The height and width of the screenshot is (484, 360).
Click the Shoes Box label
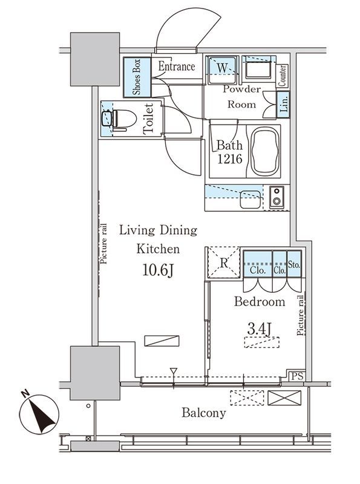[137, 77]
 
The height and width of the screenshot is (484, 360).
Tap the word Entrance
[177, 67]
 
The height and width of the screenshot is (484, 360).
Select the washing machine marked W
[222, 70]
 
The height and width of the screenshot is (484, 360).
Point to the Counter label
[282, 76]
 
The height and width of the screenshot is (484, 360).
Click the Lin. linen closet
[283, 104]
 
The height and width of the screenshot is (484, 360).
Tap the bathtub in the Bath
[265, 152]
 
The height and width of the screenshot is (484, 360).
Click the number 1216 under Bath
[230, 159]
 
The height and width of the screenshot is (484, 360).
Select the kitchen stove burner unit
[277, 197]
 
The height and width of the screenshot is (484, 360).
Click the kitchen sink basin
[250, 200]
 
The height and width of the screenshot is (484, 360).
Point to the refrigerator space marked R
[223, 263]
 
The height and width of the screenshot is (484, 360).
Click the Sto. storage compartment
[294, 264]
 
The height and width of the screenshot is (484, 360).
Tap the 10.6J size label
[158, 270]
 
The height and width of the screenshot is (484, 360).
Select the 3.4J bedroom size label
[260, 329]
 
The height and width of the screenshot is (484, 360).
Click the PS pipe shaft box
[297, 376]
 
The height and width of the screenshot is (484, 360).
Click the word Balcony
[204, 413]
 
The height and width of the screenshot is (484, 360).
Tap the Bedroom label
[260, 301]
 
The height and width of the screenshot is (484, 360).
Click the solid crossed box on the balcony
[284, 398]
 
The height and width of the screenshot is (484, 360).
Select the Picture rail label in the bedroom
[301, 315]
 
